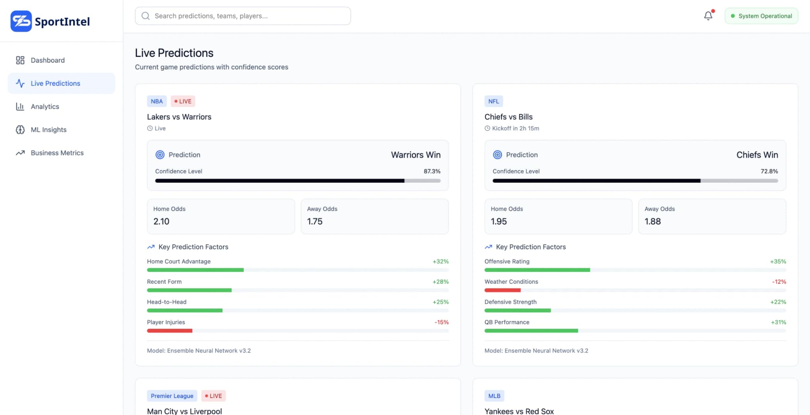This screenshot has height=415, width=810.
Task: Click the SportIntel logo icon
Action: [x=21, y=21]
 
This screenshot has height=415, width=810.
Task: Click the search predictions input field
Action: [x=242, y=16]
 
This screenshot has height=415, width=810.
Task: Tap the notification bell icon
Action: [x=708, y=16]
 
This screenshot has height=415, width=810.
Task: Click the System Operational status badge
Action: [x=761, y=16]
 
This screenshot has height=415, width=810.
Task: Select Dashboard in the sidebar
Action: [x=47, y=60]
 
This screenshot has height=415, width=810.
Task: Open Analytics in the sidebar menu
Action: [x=45, y=106]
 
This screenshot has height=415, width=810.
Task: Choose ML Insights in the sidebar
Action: [x=48, y=130]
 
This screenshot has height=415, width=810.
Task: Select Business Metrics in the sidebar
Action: [x=57, y=153]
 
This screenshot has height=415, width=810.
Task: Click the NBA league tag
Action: [x=157, y=101]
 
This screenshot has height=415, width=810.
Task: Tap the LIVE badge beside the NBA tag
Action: [x=183, y=101]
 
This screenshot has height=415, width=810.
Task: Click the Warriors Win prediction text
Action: [x=415, y=155]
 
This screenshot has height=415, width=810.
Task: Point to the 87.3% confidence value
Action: [x=432, y=171]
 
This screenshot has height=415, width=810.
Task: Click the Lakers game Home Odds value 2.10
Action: [x=161, y=222]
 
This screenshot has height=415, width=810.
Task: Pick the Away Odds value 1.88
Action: [x=653, y=222]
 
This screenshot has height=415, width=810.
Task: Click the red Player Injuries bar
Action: [x=170, y=331]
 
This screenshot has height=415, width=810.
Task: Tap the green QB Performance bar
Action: [x=531, y=331]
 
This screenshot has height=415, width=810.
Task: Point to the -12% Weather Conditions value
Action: [x=779, y=282]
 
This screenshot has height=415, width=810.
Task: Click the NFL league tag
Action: [x=494, y=101]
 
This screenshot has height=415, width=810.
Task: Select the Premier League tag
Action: [x=172, y=396]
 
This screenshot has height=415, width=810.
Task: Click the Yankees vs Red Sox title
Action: [x=519, y=411]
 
